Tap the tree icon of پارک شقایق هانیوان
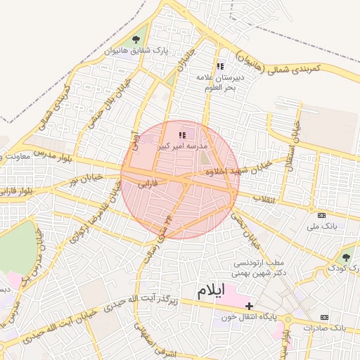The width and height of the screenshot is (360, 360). [x=136, y=39]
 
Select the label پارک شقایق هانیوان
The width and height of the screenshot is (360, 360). [x=136, y=51]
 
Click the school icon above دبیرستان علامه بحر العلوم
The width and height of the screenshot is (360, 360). [x=220, y=67]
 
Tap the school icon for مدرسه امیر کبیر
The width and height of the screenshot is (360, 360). [x=182, y=134]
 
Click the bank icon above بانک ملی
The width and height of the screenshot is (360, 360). [x=322, y=216]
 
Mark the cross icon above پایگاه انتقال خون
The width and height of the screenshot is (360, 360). [x=250, y=305]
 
